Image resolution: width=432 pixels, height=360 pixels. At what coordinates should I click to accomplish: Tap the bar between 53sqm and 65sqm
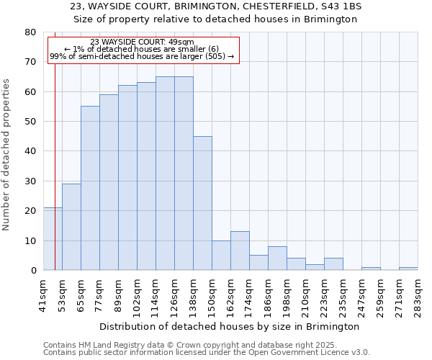[x=71, y=227]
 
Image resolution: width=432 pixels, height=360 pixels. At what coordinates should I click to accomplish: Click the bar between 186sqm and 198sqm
[x=277, y=258]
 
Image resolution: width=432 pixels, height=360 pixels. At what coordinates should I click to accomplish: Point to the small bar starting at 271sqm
[x=408, y=269]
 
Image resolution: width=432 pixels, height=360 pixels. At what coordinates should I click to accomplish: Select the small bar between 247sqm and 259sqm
[x=371, y=269]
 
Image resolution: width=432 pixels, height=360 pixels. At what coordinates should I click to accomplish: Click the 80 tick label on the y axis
[x=30, y=32]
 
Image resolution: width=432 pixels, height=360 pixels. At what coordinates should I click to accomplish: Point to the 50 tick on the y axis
[x=30, y=122]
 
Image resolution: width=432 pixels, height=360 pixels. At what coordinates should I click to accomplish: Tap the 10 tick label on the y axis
[x=30, y=240]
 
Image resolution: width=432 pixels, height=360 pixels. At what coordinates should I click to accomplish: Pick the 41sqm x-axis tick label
[x=43, y=293]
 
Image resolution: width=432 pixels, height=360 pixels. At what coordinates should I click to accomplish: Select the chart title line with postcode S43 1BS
[x=216, y=6]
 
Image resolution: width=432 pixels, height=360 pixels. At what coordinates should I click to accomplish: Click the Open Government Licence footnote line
[x=207, y=353]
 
